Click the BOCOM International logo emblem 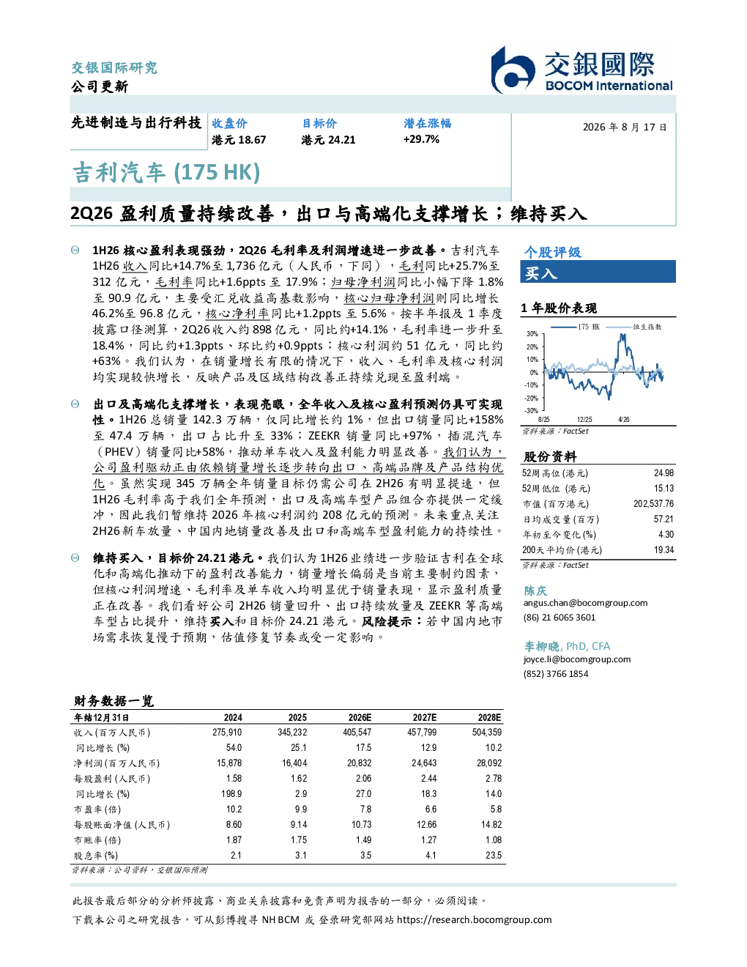pyautogui.click(x=513, y=70)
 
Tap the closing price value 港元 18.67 pyautogui.click(x=239, y=140)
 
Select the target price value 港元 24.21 pyautogui.click(x=328, y=140)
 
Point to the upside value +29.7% pyautogui.click(x=421, y=139)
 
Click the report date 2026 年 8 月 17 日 pyautogui.click(x=625, y=127)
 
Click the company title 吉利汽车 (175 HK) pyautogui.click(x=166, y=173)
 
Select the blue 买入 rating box pyautogui.click(x=598, y=272)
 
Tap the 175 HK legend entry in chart pyautogui.click(x=576, y=327)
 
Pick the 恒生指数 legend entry pyautogui.click(x=634, y=327)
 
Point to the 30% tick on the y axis pyautogui.click(x=532, y=334)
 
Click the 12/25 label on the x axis pyautogui.click(x=584, y=420)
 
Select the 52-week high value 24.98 pyautogui.click(x=664, y=473)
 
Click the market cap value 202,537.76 pyautogui.click(x=653, y=504)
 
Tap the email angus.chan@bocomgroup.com pyautogui.click(x=585, y=603)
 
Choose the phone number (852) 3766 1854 pyautogui.click(x=556, y=674)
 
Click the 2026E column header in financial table pyautogui.click(x=360, y=717)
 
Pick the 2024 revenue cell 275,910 pyautogui.click(x=227, y=732)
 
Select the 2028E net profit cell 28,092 pyautogui.click(x=489, y=763)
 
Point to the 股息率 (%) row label pyautogui.click(x=96, y=856)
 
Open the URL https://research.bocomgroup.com pyautogui.click(x=474, y=920)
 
